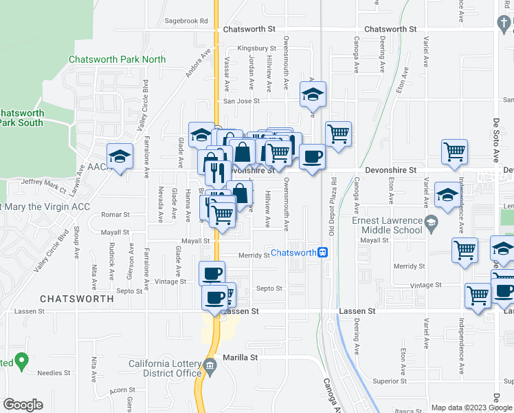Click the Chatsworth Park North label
tap(118, 59)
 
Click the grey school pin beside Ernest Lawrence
tap(430, 222)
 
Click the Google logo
tap(23, 405)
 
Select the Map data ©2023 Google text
tap(470, 407)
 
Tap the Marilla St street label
tap(240, 358)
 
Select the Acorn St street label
tap(122, 392)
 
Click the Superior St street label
tap(390, 381)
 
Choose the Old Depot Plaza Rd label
tap(333, 206)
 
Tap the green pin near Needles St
tap(21, 360)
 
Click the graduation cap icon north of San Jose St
tap(313, 95)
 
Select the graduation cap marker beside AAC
tap(120, 156)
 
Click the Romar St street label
tap(111, 215)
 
